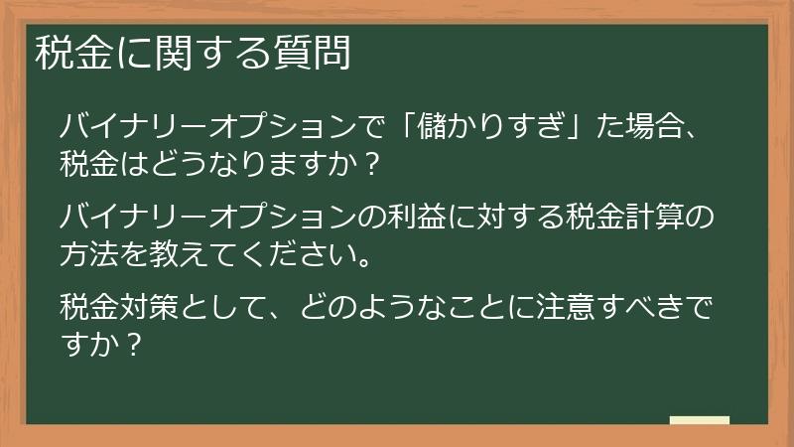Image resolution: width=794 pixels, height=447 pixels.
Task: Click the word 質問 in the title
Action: [312, 53]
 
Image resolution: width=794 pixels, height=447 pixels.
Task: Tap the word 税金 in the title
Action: [73, 53]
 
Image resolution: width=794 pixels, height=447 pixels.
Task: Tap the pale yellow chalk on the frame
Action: [699, 419]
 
